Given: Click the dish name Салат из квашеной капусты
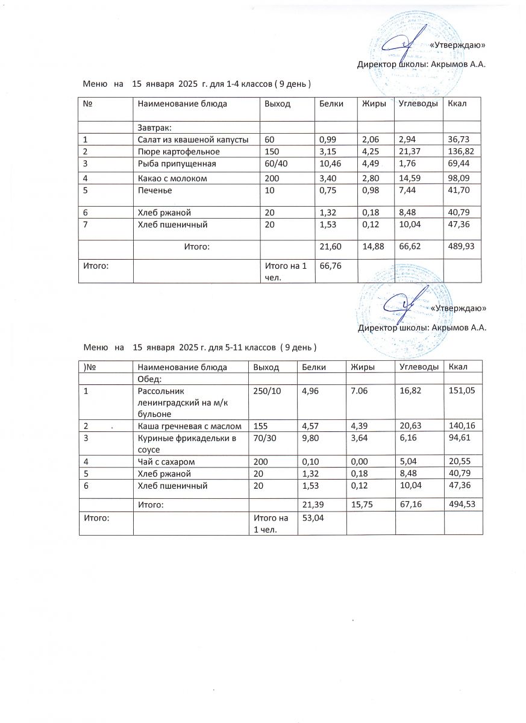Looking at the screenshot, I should (193, 140).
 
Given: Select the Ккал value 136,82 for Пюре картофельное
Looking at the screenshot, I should (462, 151).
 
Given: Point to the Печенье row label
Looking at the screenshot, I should (155, 190).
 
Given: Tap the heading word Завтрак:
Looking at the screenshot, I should (155, 128).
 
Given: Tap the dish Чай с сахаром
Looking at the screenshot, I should (166, 462).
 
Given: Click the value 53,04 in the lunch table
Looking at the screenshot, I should (312, 518).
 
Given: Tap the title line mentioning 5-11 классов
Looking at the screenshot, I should (200, 348).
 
